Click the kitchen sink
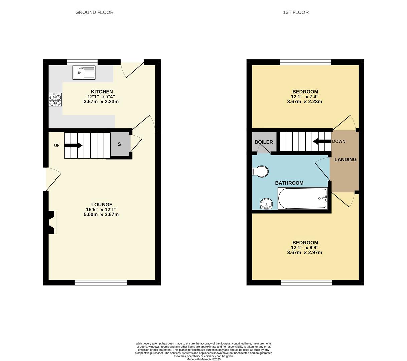[84, 73]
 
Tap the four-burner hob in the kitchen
[55, 100]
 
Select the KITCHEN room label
[102, 92]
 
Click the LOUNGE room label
[102, 204]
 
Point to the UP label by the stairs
[57, 145]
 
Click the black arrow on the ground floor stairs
[73, 145]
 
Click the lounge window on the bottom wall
[101, 283]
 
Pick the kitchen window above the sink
[82, 62]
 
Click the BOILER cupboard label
[264, 142]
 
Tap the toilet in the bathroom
[260, 171]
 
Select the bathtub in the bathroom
[303, 198]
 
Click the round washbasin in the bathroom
[266, 204]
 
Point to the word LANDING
[345, 159]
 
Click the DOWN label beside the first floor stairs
[339, 141]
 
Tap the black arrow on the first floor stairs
[322, 141]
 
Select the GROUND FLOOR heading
[94, 12]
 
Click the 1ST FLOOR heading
[296, 12]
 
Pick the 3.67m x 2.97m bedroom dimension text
[304, 252]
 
